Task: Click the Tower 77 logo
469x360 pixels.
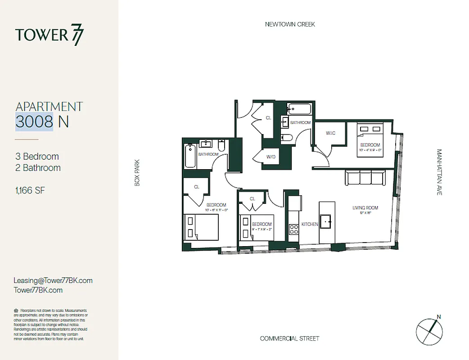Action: click(x=49, y=36)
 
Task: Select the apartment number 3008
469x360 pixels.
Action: click(x=35, y=121)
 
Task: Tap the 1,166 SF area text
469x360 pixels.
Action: click(x=30, y=191)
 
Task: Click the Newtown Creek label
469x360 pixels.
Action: click(x=290, y=24)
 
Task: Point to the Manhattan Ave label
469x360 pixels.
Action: click(x=439, y=172)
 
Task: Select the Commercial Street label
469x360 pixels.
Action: click(x=289, y=338)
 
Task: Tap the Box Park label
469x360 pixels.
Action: click(x=138, y=172)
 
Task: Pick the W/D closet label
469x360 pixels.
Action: click(x=271, y=157)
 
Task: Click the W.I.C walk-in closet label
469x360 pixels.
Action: click(x=331, y=132)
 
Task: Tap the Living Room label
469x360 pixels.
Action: click(x=365, y=208)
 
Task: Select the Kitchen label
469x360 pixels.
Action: click(x=310, y=224)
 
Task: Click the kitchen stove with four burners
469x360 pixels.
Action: click(x=293, y=229)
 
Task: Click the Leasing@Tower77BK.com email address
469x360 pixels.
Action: click(x=53, y=280)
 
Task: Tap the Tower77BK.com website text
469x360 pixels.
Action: click(x=38, y=290)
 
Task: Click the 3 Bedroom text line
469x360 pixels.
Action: click(x=37, y=157)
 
